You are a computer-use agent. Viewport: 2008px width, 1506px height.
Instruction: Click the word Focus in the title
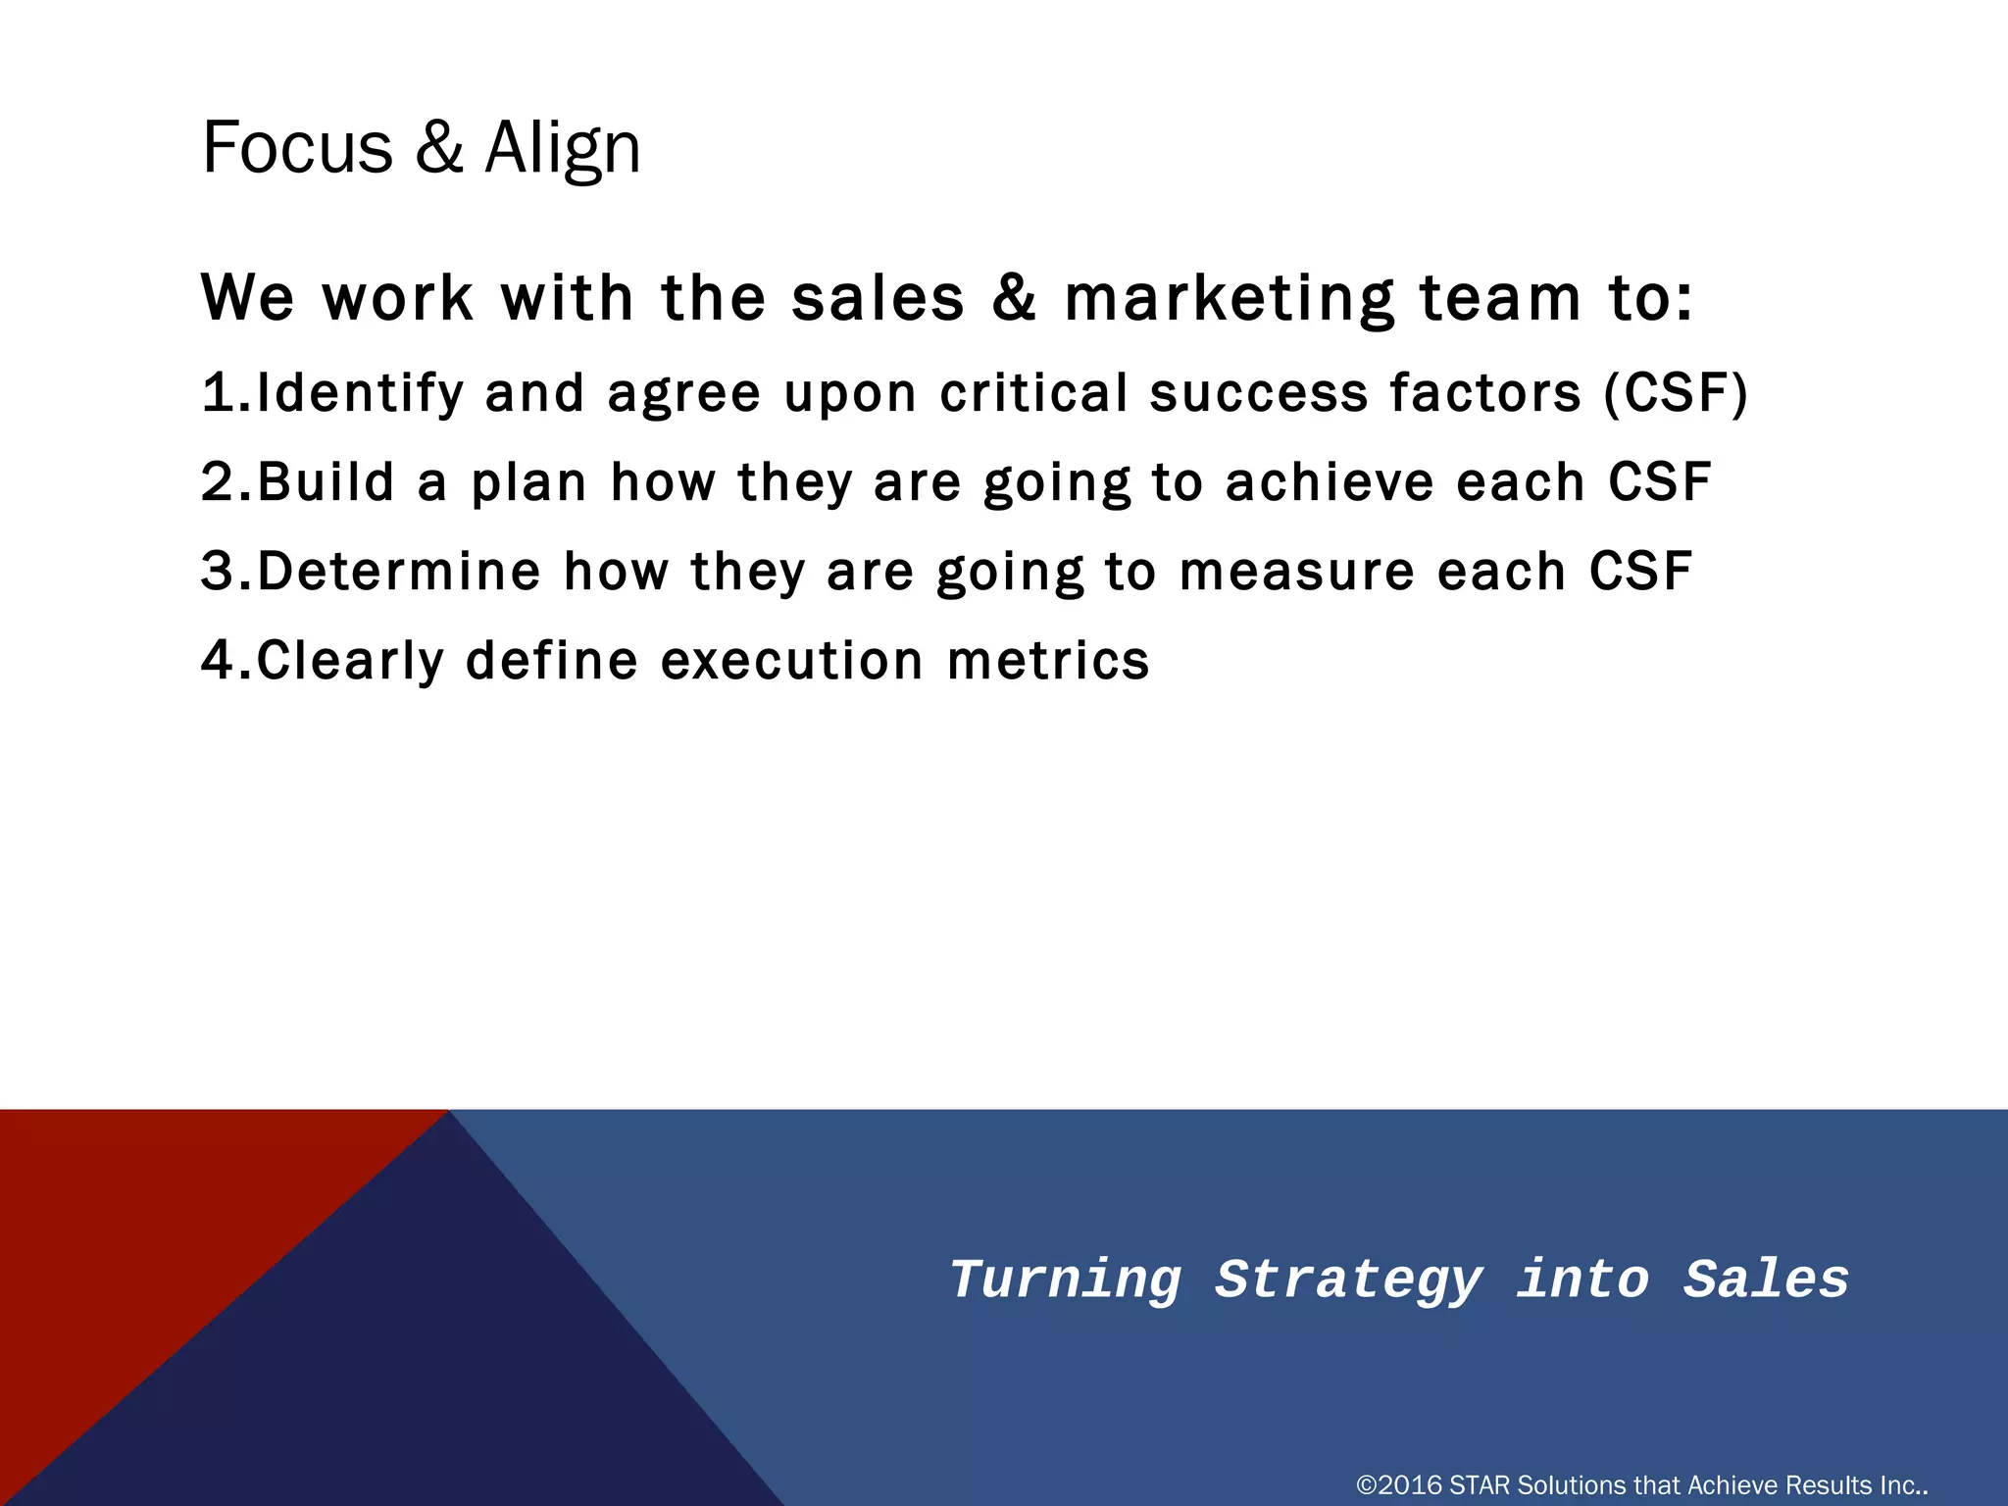pos(297,148)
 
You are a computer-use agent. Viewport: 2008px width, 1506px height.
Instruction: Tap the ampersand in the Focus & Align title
pos(438,148)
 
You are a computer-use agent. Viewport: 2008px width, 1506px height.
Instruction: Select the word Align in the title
pos(563,148)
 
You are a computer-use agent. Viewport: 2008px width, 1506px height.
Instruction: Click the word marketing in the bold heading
pos(1230,299)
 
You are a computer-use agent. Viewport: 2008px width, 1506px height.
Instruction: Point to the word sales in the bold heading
pos(878,299)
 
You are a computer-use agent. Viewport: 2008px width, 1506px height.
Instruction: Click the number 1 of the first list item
pos(217,393)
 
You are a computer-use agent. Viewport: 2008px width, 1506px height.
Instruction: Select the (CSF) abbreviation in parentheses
pos(1676,393)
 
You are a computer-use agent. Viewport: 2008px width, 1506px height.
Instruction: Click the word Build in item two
pos(326,482)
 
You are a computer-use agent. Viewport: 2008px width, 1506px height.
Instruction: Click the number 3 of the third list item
pos(217,572)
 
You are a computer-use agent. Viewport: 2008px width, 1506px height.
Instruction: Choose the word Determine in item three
pos(399,572)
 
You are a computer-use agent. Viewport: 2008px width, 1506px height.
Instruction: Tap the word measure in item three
pos(1297,572)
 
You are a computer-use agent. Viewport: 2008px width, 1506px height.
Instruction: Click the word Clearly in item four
pos(350,661)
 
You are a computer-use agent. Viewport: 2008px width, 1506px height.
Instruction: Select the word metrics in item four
pos(1048,661)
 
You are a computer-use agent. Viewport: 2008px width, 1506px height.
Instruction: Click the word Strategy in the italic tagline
pos(1348,1280)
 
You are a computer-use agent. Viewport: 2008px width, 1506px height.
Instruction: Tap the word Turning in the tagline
pos(1066,1280)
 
